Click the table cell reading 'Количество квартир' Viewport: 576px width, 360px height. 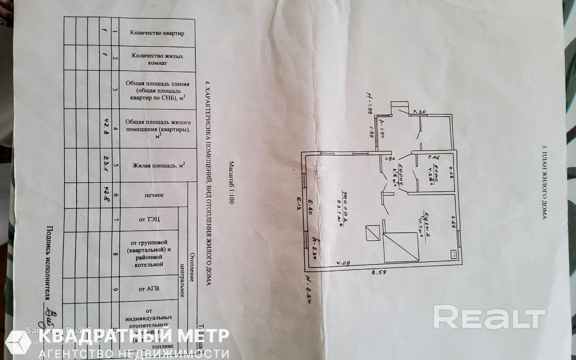[x=157, y=32]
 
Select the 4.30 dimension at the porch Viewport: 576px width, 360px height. [x=419, y=111]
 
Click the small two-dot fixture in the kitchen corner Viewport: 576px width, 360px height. [x=453, y=254]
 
